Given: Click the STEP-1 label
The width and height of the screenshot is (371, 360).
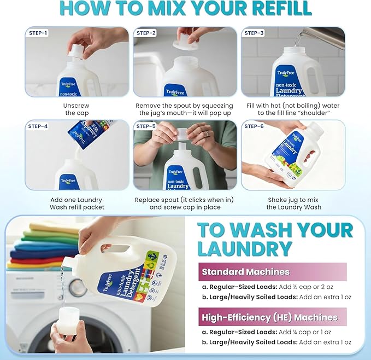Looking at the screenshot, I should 38,33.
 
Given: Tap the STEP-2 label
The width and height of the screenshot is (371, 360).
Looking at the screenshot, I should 146,33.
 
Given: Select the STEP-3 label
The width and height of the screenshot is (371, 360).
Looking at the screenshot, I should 254,33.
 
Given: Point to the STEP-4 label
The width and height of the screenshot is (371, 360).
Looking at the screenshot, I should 38,126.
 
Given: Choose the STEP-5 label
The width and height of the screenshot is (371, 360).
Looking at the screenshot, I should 146,126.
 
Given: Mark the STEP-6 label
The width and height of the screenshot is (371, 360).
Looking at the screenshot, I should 254,126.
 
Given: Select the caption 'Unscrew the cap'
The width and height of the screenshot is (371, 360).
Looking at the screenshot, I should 76,109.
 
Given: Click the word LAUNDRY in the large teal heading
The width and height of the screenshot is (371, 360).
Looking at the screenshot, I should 244,248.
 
